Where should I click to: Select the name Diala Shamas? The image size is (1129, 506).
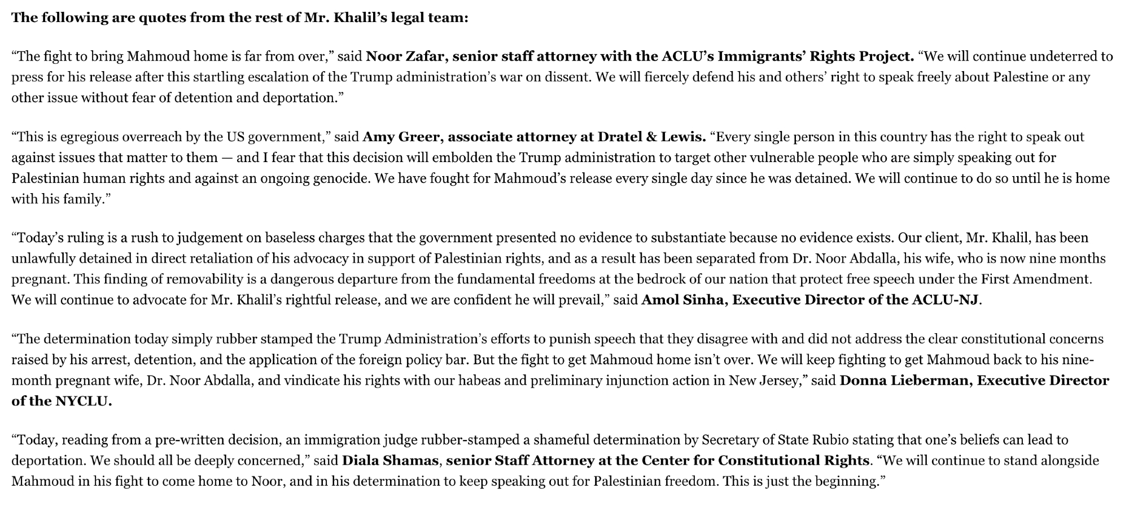[390, 460]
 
